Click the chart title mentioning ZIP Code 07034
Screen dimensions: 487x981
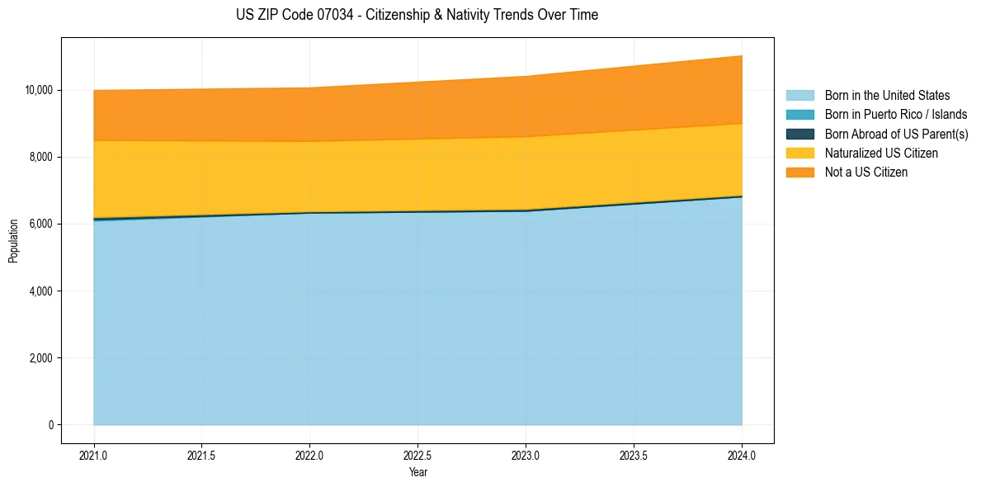(417, 15)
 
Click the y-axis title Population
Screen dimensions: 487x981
(13, 240)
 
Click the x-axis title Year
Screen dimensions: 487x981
(417, 472)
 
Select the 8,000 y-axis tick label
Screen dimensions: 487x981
(40, 157)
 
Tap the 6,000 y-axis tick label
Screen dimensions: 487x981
(40, 224)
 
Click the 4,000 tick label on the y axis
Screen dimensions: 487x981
(40, 291)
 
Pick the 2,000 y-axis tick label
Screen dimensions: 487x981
(40, 358)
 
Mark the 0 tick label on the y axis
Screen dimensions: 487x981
(50, 425)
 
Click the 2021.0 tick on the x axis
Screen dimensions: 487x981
(94, 455)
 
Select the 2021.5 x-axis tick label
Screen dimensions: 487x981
(201, 455)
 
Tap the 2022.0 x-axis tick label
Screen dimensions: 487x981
(309, 455)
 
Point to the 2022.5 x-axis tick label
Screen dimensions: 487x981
(417, 455)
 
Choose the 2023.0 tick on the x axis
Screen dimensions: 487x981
(526, 455)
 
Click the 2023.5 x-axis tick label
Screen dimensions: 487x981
(634, 455)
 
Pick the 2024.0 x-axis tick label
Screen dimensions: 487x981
(742, 455)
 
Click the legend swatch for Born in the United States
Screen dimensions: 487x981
(799, 96)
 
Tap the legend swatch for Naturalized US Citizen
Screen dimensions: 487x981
(799, 154)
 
